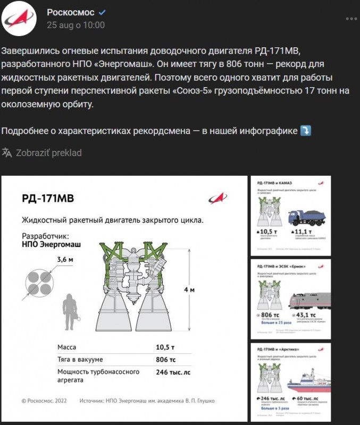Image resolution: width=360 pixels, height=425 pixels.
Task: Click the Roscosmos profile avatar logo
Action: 19,19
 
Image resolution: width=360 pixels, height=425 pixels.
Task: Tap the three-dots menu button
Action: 351,19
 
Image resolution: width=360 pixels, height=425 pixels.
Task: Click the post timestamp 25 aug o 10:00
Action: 76,25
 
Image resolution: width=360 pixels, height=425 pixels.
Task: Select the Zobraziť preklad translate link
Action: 48,152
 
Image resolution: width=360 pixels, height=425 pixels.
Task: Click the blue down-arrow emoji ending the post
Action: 306,131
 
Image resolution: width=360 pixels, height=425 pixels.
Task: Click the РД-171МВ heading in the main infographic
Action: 48,199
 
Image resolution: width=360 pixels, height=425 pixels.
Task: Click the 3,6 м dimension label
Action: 64,259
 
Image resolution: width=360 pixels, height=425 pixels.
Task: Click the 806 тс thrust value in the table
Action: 166,360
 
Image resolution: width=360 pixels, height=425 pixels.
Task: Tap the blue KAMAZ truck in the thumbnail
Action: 308,217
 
